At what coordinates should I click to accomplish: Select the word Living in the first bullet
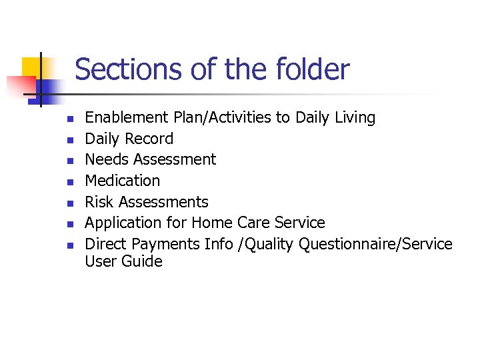tap(355, 118)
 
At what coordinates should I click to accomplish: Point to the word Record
tap(151, 139)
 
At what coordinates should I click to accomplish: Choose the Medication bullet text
tap(123, 181)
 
